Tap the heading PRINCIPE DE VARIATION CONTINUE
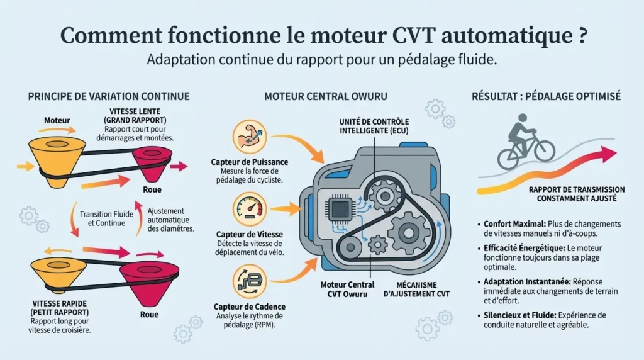tap(109, 97)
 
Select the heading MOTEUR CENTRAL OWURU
tap(325, 97)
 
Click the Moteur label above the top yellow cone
tap(57, 120)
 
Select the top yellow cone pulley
tap(55, 157)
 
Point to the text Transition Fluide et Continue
tap(106, 218)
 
